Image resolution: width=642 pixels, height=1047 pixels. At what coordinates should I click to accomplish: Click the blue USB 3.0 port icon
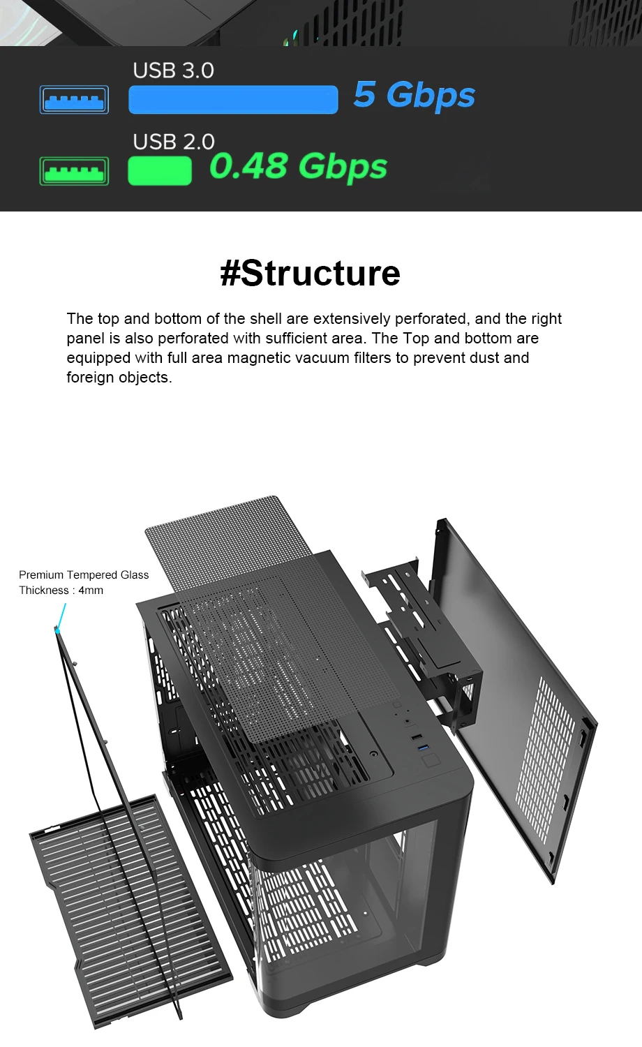(74, 100)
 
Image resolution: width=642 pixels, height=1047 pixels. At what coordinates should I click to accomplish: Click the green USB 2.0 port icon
(74, 171)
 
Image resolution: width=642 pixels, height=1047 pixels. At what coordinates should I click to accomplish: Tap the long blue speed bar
(233, 100)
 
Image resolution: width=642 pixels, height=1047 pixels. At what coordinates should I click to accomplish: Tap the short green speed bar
(160, 171)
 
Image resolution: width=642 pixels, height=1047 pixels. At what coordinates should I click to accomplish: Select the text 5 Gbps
(414, 95)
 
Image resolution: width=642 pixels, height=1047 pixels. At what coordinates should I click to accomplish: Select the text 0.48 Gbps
(299, 167)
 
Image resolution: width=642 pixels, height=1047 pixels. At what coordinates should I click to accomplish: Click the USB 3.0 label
(173, 70)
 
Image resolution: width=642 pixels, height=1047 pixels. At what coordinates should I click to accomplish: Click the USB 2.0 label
(173, 142)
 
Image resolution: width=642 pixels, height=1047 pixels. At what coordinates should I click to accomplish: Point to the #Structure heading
(311, 273)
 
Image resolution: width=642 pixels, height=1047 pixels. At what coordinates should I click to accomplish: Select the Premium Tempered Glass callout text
(84, 575)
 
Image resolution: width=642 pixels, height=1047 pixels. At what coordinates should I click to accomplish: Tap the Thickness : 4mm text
(61, 591)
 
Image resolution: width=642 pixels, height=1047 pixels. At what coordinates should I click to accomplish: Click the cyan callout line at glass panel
(62, 615)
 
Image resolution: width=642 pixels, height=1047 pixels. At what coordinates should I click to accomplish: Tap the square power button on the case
(431, 761)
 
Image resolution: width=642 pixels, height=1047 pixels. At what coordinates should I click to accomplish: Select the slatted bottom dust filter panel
(129, 907)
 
